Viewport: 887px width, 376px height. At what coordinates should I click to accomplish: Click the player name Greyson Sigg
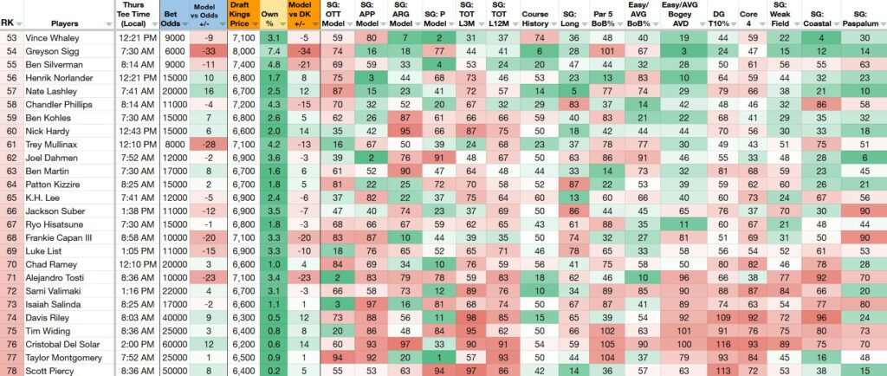pyautogui.click(x=48, y=51)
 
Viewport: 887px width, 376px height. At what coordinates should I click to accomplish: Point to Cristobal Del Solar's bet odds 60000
pyautogui.click(x=173, y=344)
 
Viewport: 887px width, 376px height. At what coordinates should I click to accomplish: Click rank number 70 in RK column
pyautogui.click(x=11, y=264)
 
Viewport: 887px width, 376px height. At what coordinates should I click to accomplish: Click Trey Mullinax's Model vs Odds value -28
pyautogui.click(x=198, y=145)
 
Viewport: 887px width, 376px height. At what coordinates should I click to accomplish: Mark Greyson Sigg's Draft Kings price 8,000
pyautogui.click(x=243, y=51)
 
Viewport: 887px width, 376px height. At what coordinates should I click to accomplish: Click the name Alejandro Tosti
pyautogui.click(x=53, y=277)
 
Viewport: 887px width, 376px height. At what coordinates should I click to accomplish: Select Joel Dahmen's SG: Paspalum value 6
pyautogui.click(x=864, y=158)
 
